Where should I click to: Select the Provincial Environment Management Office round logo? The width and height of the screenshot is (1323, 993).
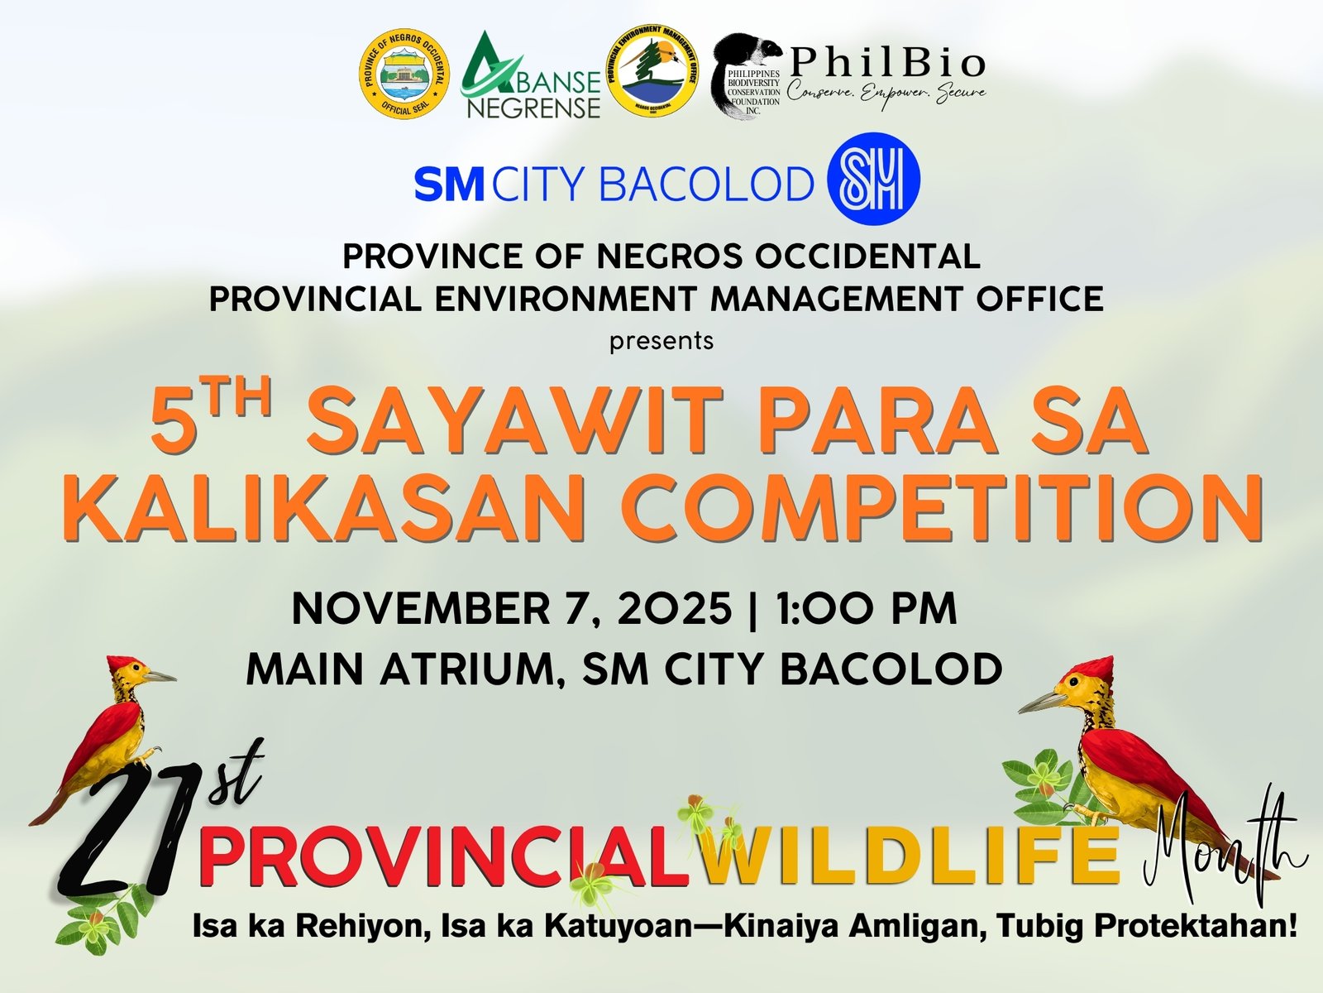(652, 79)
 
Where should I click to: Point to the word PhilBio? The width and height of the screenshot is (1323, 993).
(887, 64)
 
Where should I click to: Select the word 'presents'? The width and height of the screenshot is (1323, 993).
(661, 340)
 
